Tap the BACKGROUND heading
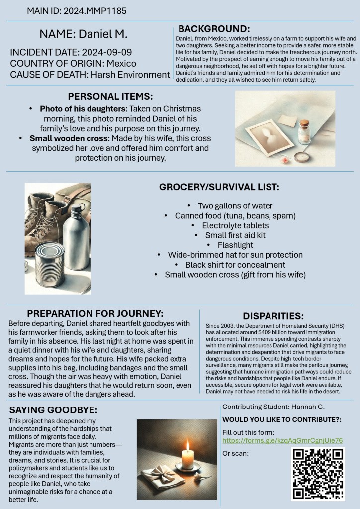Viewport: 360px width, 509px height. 214,29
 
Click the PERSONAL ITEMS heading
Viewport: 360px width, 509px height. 110,96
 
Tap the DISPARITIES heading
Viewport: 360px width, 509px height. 273,316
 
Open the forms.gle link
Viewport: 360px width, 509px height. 282,441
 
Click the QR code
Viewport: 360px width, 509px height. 318,474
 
